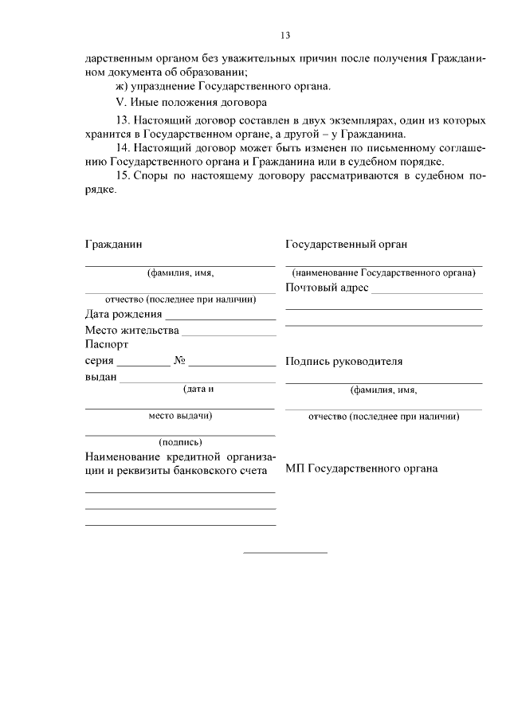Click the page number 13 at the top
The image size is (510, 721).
coord(285,35)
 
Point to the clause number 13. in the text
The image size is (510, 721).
coord(124,120)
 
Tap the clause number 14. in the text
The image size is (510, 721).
coord(124,147)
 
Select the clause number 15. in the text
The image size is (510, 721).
coord(124,175)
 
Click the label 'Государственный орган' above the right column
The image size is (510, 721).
coord(346,244)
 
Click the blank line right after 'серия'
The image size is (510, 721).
coord(143,366)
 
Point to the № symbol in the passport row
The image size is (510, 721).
coord(179,361)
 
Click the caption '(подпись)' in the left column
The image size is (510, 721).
coord(180,441)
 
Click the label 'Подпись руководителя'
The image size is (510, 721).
coord(343,361)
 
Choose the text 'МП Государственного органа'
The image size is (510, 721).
coord(361,468)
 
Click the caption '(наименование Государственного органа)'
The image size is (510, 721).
coord(383,272)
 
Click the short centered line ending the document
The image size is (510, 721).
coord(284,552)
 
